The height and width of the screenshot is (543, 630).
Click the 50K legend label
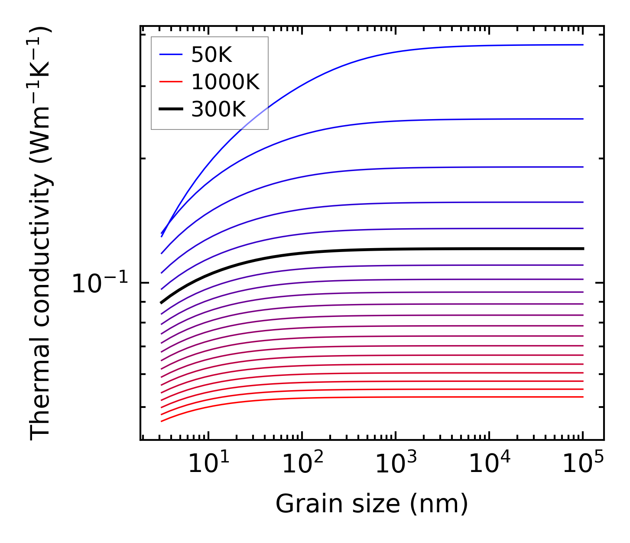point(211,55)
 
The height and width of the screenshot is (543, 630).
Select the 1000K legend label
point(225,82)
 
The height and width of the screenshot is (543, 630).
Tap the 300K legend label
point(218,109)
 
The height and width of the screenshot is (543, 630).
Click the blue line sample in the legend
point(171,55)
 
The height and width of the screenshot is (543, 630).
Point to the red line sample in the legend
point(171,82)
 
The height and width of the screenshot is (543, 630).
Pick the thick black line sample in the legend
point(171,109)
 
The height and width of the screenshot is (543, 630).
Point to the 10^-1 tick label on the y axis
point(100,284)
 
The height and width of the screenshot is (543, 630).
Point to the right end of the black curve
point(583,249)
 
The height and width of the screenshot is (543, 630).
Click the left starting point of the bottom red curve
point(161,421)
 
